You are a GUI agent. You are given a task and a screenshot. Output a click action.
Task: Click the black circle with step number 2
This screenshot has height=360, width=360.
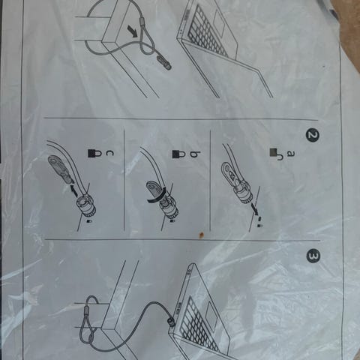[x=313, y=136]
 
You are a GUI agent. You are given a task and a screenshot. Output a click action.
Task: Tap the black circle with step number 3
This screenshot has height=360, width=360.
[x=313, y=256]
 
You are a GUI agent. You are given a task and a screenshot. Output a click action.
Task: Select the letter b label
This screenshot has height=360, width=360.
[x=196, y=154]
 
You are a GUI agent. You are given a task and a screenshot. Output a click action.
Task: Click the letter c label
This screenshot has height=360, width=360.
[x=109, y=154]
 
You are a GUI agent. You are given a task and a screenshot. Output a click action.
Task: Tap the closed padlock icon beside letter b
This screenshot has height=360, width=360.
[x=179, y=154]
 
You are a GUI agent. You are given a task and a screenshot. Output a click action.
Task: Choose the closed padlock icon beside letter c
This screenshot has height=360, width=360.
[x=94, y=153]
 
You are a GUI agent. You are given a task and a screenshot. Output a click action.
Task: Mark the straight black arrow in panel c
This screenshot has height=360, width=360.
[x=73, y=189]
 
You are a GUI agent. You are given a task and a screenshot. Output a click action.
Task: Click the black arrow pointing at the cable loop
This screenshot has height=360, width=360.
[x=132, y=31]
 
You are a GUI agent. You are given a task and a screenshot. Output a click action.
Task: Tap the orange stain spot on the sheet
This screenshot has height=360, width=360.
[x=201, y=235]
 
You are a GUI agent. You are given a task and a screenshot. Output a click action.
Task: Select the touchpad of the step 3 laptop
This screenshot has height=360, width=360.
[x=213, y=316]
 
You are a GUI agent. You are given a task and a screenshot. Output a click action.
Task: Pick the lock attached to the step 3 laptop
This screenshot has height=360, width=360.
[x=172, y=321]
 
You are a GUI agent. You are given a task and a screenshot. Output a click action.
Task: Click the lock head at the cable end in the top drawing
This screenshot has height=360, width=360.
[x=164, y=62]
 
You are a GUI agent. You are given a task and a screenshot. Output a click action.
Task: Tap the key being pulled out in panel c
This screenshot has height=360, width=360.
[x=59, y=170]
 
